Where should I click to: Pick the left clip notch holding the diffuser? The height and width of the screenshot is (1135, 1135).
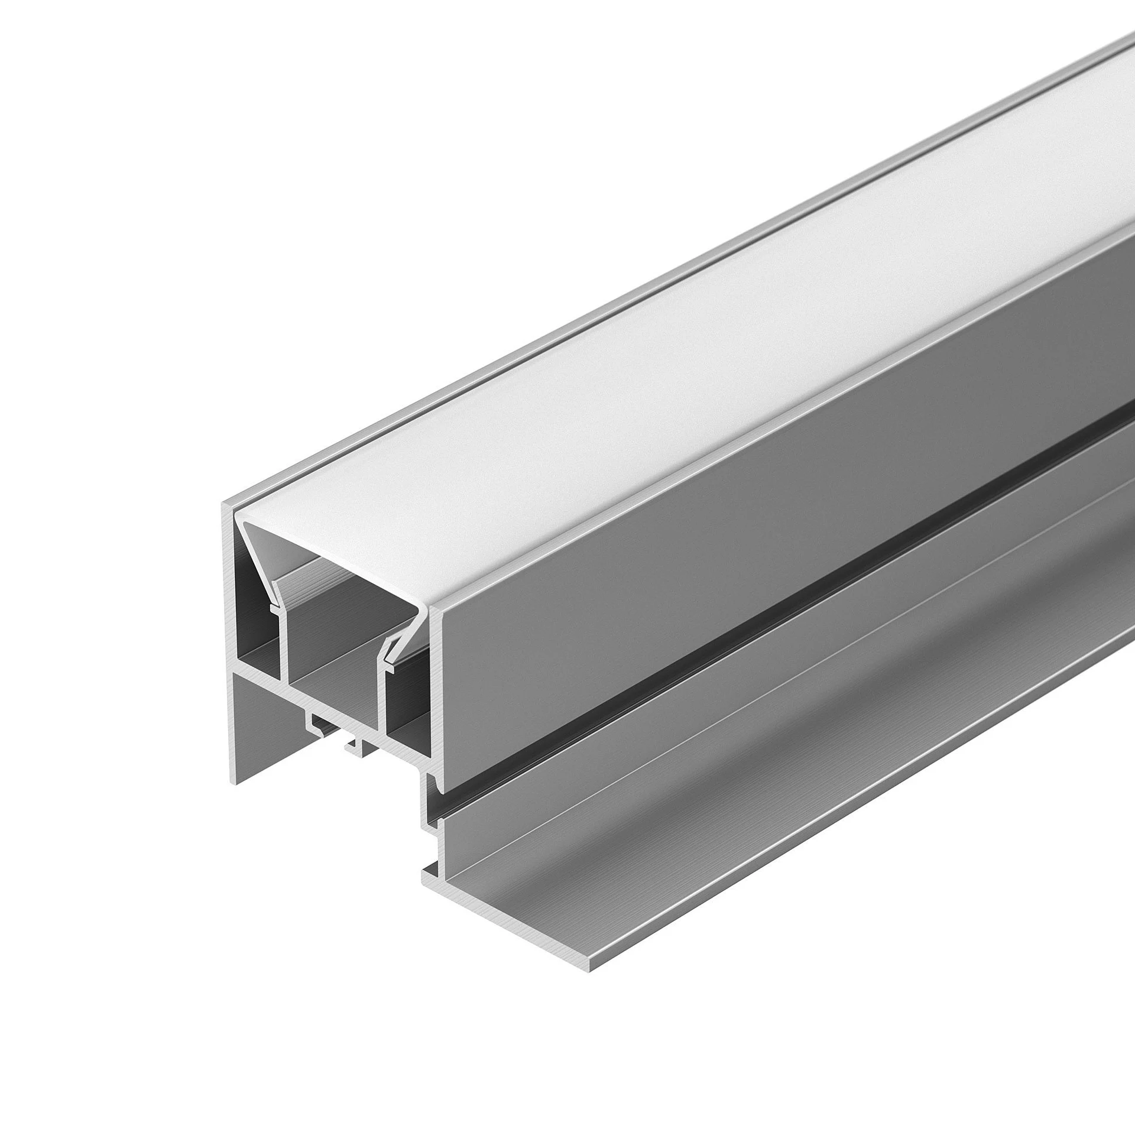[x=274, y=607]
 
